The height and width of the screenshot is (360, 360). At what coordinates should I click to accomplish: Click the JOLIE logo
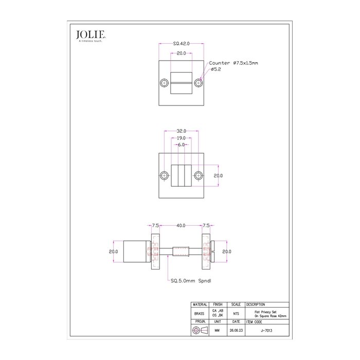point(91,35)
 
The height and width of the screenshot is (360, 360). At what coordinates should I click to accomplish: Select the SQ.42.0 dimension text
point(181,44)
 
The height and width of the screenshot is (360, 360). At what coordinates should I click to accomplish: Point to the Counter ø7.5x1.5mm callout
point(233,63)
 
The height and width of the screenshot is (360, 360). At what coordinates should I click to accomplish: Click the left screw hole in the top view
point(164,82)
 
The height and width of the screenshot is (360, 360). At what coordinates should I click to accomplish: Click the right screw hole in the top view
point(199,82)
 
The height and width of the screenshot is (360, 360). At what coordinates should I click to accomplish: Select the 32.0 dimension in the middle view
point(181,131)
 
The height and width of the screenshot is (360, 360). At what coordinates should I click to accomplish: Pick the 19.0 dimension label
point(181,138)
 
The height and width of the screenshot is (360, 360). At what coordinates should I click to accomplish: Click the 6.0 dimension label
point(181,145)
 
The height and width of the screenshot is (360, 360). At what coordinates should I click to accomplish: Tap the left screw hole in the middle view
point(164,175)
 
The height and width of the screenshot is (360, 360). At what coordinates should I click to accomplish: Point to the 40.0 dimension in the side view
point(181,225)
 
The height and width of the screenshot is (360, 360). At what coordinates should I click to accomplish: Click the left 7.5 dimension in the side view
point(155,225)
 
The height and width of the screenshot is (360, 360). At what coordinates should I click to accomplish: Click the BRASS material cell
point(200,313)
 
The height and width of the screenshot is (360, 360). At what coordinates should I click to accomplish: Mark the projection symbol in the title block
point(199,331)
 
